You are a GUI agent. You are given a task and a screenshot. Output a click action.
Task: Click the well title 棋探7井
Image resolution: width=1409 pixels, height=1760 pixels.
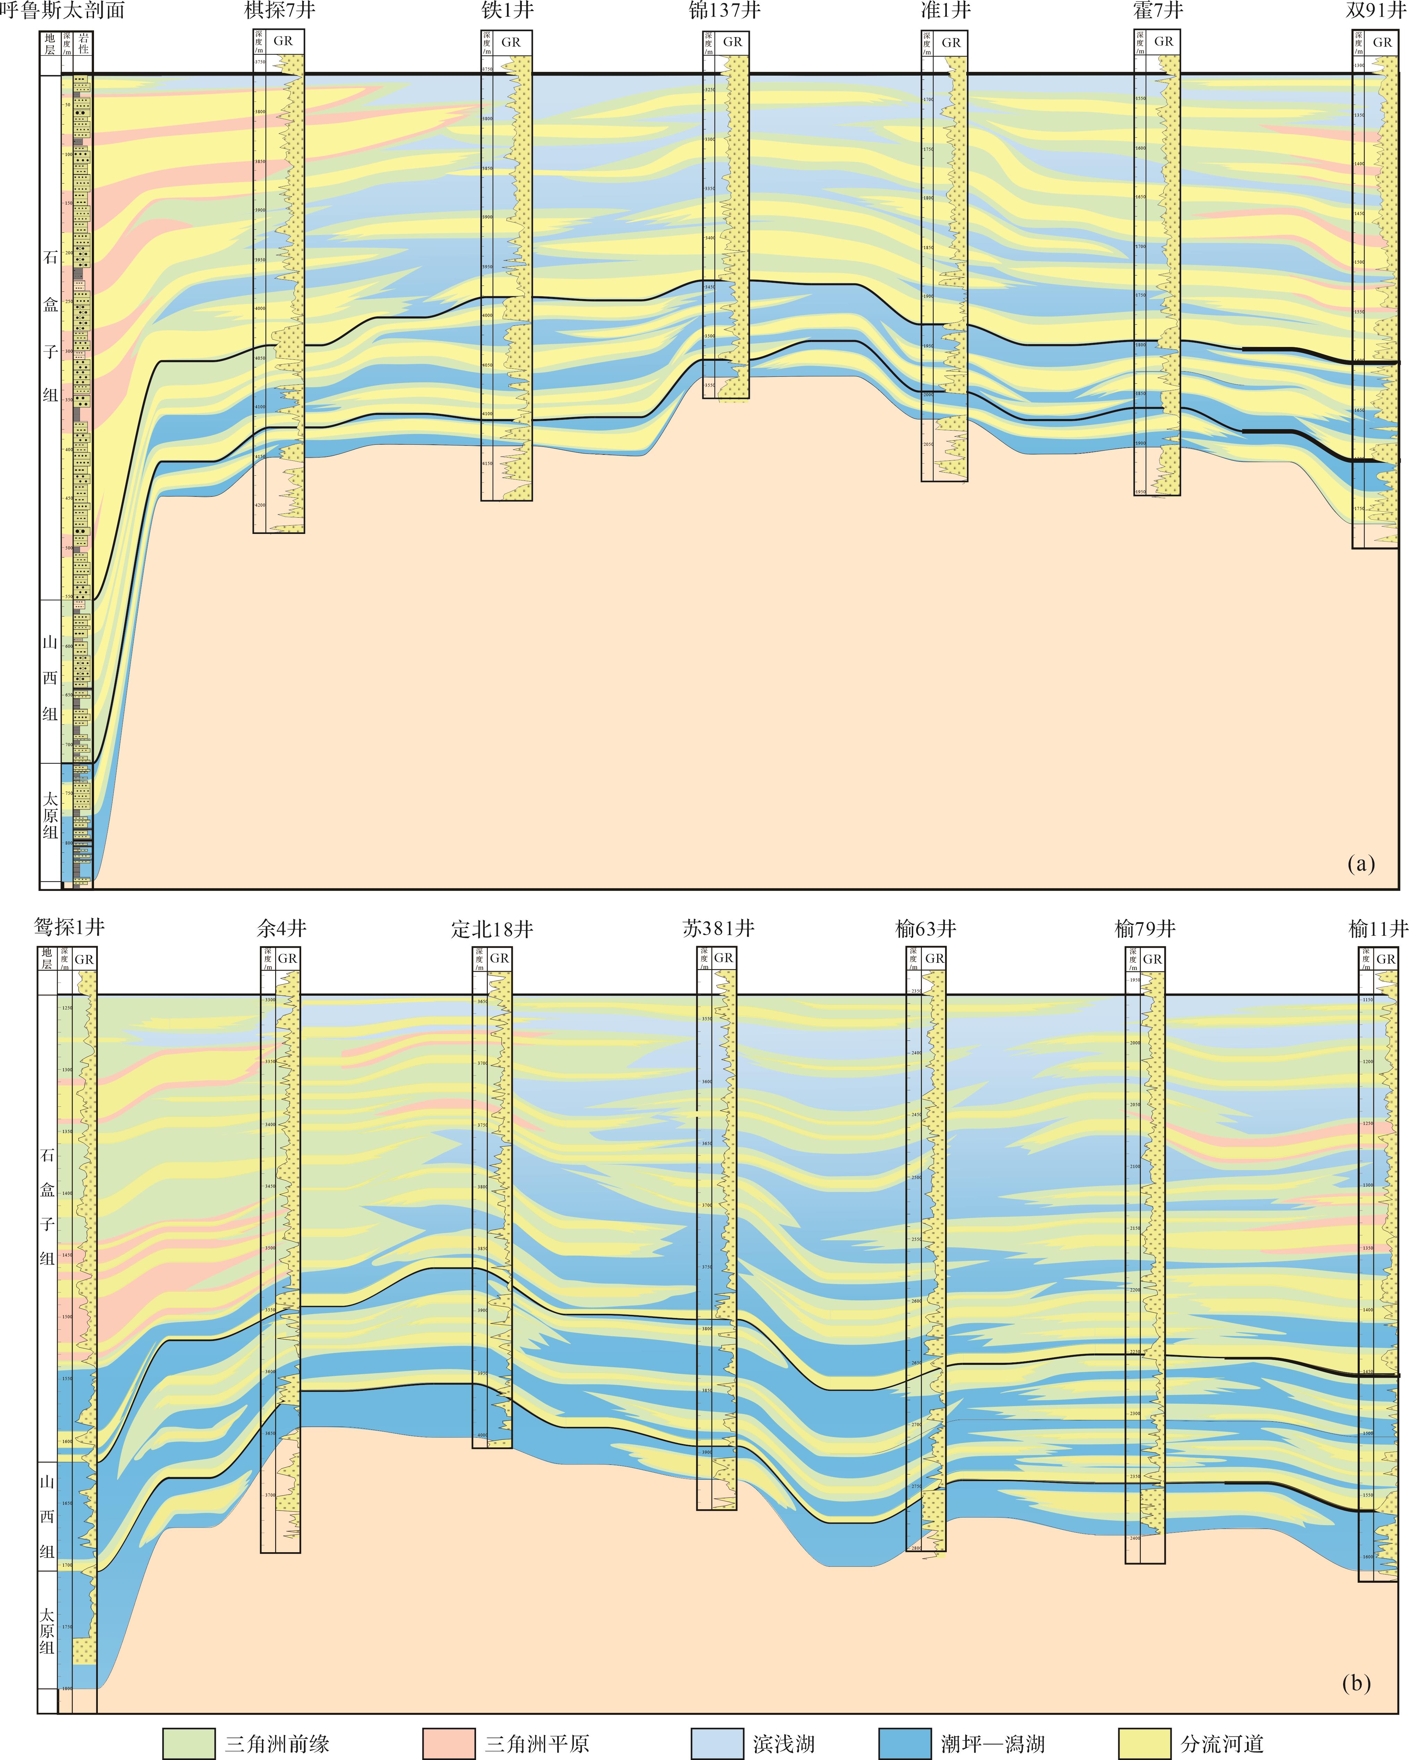279,11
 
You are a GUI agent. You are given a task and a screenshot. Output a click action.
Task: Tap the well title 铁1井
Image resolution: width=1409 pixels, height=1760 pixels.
507,11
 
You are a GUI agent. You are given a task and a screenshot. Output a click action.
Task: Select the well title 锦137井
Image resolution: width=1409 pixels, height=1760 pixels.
725,11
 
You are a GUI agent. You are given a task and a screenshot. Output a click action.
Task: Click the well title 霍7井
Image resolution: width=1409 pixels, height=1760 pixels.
1157,11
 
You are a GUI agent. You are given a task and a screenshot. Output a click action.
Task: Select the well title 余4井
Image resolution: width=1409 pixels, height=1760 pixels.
282,928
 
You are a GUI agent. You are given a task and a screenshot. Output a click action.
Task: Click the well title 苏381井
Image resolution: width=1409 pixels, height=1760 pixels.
718,928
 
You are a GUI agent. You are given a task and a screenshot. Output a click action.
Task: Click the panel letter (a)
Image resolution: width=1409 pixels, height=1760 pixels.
1361,864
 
